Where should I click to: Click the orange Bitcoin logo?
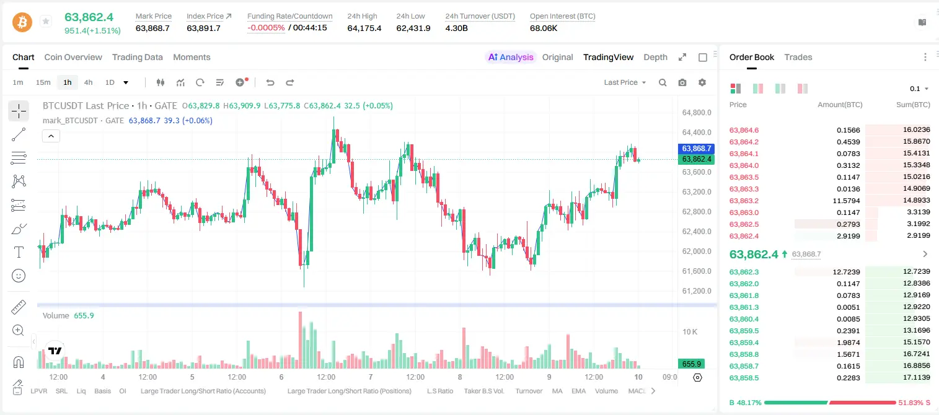(x=22, y=22)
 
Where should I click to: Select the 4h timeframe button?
(x=88, y=82)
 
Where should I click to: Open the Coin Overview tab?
(x=73, y=57)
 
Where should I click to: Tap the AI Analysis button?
(x=511, y=57)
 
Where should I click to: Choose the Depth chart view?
(x=655, y=57)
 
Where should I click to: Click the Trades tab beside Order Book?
(x=798, y=57)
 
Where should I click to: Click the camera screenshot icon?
(x=682, y=82)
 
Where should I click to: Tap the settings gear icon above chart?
(x=702, y=82)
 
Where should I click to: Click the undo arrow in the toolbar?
(x=270, y=82)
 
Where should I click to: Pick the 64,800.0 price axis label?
(x=697, y=113)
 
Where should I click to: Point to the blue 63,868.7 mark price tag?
(x=696, y=149)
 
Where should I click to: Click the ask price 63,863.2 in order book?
(x=744, y=201)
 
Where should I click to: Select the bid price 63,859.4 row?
(x=744, y=343)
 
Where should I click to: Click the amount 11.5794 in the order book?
(x=846, y=201)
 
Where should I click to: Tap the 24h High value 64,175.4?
(x=364, y=28)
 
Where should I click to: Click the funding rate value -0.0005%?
(x=266, y=28)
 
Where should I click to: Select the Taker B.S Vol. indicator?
(x=483, y=391)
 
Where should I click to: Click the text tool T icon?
(x=19, y=252)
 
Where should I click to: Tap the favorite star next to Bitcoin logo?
(x=46, y=21)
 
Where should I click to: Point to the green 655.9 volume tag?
(x=692, y=364)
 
